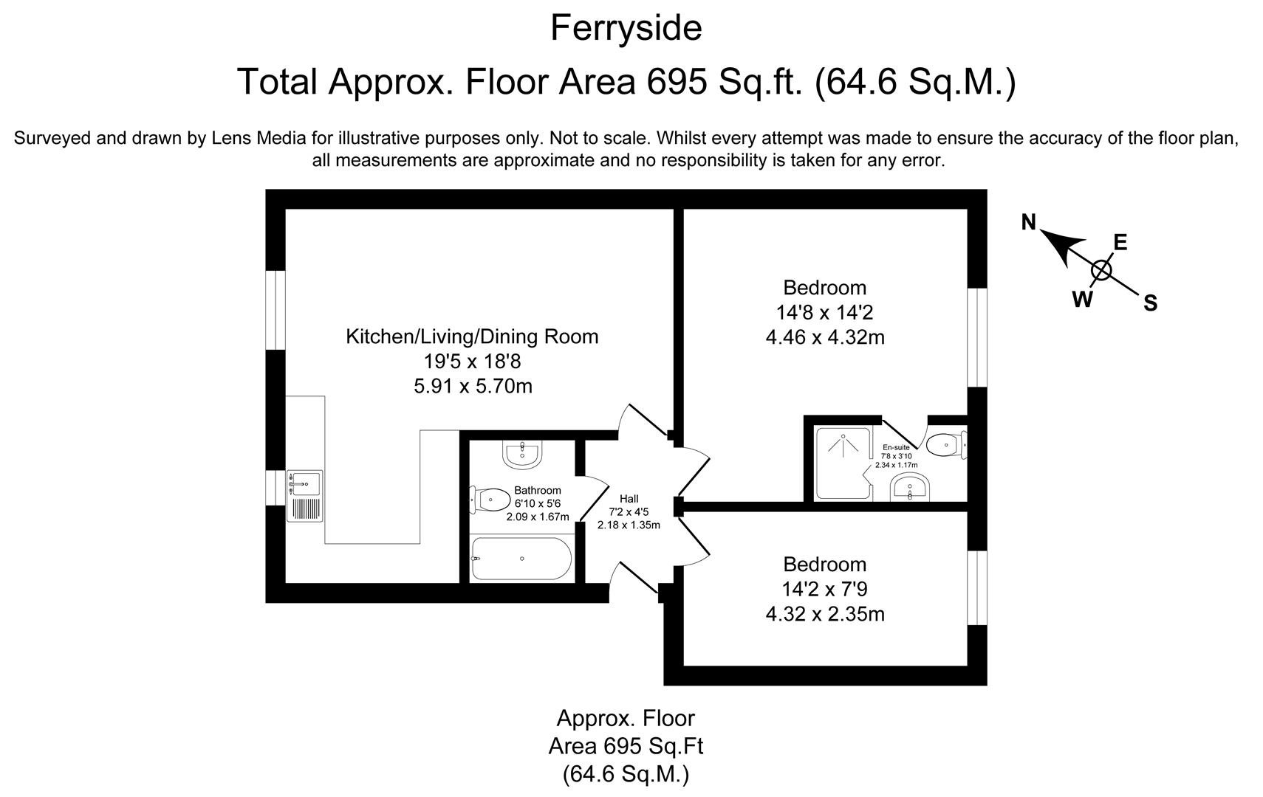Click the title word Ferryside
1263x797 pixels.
pyautogui.click(x=626, y=29)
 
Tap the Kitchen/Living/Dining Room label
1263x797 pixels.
pyautogui.click(x=472, y=337)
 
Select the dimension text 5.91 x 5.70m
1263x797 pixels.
pyautogui.click(x=473, y=386)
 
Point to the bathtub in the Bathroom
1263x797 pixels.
pyautogui.click(x=521, y=559)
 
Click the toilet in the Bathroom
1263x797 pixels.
pyautogui.click(x=488, y=500)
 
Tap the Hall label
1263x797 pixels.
pyautogui.click(x=629, y=499)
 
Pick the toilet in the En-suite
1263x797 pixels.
pyautogui.click(x=945, y=446)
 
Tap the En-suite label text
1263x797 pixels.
pyautogui.click(x=896, y=447)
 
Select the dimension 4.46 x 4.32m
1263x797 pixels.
pyautogui.click(x=825, y=337)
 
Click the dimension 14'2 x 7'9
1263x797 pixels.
pyautogui.click(x=824, y=589)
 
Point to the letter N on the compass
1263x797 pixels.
pyautogui.click(x=1028, y=221)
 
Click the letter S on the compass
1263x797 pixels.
pyautogui.click(x=1150, y=303)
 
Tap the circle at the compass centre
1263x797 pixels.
pyautogui.click(x=1101, y=270)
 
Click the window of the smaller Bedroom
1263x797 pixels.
pyautogui.click(x=977, y=587)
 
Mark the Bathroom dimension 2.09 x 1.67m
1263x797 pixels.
pyautogui.click(x=538, y=517)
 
